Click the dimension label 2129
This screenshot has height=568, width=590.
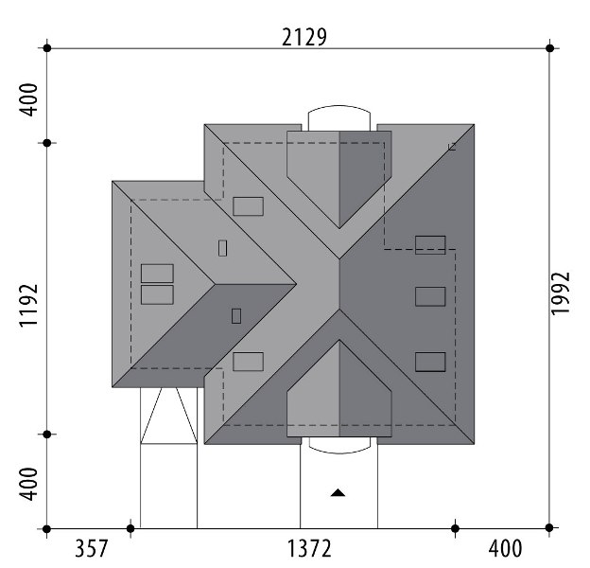304,37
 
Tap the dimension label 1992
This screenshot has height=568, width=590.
561,293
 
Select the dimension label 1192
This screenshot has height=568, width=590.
29,306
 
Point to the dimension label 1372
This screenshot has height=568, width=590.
309,548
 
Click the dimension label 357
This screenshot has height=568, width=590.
92,548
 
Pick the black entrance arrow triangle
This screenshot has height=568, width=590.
338,492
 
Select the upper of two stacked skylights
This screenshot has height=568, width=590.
157,274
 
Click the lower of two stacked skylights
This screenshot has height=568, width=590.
157,294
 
